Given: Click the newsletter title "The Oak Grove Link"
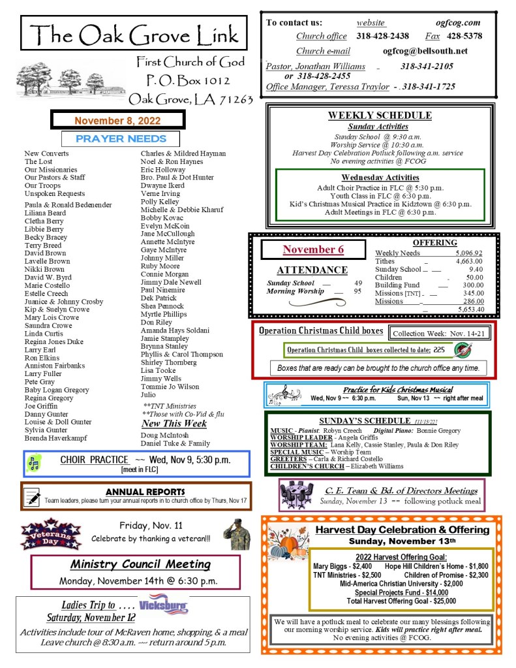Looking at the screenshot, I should click(134, 34).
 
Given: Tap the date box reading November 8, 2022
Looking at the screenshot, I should click(117, 121).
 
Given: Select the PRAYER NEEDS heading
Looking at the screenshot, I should click(121, 138).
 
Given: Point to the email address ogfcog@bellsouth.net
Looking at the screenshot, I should click(425, 51).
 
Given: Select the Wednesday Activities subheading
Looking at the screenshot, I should click(380, 177).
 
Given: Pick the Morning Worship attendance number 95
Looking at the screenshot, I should click(357, 291).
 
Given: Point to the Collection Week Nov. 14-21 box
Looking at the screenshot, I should click(438, 333).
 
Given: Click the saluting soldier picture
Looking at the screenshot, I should click(236, 533).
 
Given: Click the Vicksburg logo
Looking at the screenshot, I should click(164, 603).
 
